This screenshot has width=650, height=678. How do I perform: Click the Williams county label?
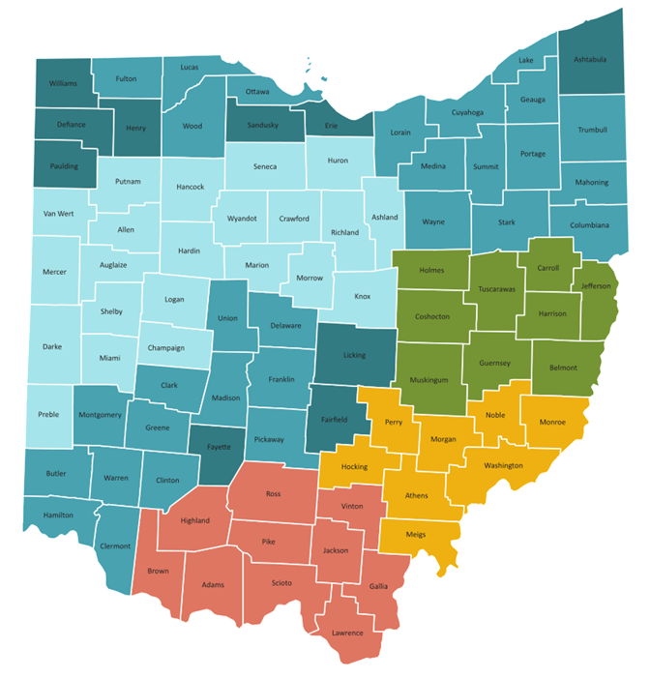(64, 84)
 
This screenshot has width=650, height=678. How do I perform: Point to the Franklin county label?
(282, 379)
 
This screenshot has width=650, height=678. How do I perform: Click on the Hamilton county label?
(58, 515)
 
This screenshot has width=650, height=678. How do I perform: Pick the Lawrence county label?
(347, 634)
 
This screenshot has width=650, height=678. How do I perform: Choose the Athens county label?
(416, 496)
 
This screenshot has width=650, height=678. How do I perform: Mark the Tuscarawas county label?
(497, 289)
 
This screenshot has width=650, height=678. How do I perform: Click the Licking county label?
(355, 355)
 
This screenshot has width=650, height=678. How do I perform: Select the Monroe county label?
(552, 423)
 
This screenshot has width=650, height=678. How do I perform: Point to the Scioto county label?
(281, 582)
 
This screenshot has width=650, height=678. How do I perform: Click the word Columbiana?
(590, 225)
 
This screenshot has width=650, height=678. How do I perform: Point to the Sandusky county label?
(264, 126)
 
